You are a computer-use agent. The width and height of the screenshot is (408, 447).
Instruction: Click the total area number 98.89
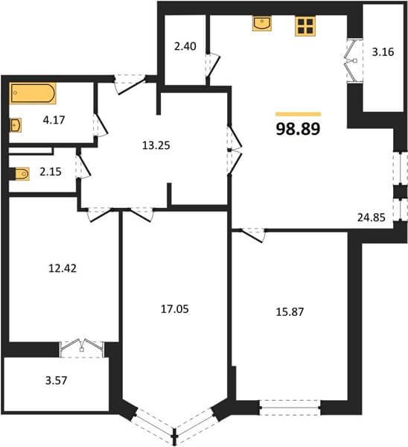[298, 129]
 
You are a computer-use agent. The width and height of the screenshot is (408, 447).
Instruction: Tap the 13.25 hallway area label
[156, 146]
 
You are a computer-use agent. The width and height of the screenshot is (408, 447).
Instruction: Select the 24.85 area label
[372, 218]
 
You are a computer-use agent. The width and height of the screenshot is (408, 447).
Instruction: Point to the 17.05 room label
[175, 309]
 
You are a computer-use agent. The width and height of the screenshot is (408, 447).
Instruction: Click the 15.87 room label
[290, 312]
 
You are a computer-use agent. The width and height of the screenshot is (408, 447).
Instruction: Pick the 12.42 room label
[63, 268]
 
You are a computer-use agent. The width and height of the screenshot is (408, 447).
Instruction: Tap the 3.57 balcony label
[56, 381]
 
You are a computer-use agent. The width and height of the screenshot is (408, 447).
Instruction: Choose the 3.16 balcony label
[383, 52]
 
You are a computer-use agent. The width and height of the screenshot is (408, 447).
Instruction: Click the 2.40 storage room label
[185, 46]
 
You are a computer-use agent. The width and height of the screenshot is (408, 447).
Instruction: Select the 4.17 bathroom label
[54, 120]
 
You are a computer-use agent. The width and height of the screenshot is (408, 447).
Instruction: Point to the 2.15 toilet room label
[51, 172]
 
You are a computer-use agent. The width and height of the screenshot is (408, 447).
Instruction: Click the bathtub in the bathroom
[33, 93]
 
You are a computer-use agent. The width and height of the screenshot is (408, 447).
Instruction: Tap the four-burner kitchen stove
[305, 26]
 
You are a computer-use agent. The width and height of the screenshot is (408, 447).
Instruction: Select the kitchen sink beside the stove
[261, 23]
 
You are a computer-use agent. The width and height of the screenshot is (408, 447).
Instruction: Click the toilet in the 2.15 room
[22, 174]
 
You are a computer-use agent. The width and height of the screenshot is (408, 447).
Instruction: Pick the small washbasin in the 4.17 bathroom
[16, 125]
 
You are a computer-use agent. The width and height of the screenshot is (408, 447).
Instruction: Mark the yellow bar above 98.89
[298, 114]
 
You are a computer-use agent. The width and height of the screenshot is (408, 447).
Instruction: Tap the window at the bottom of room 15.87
[290, 408]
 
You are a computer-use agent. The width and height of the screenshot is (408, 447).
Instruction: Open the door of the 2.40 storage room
[213, 66]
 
